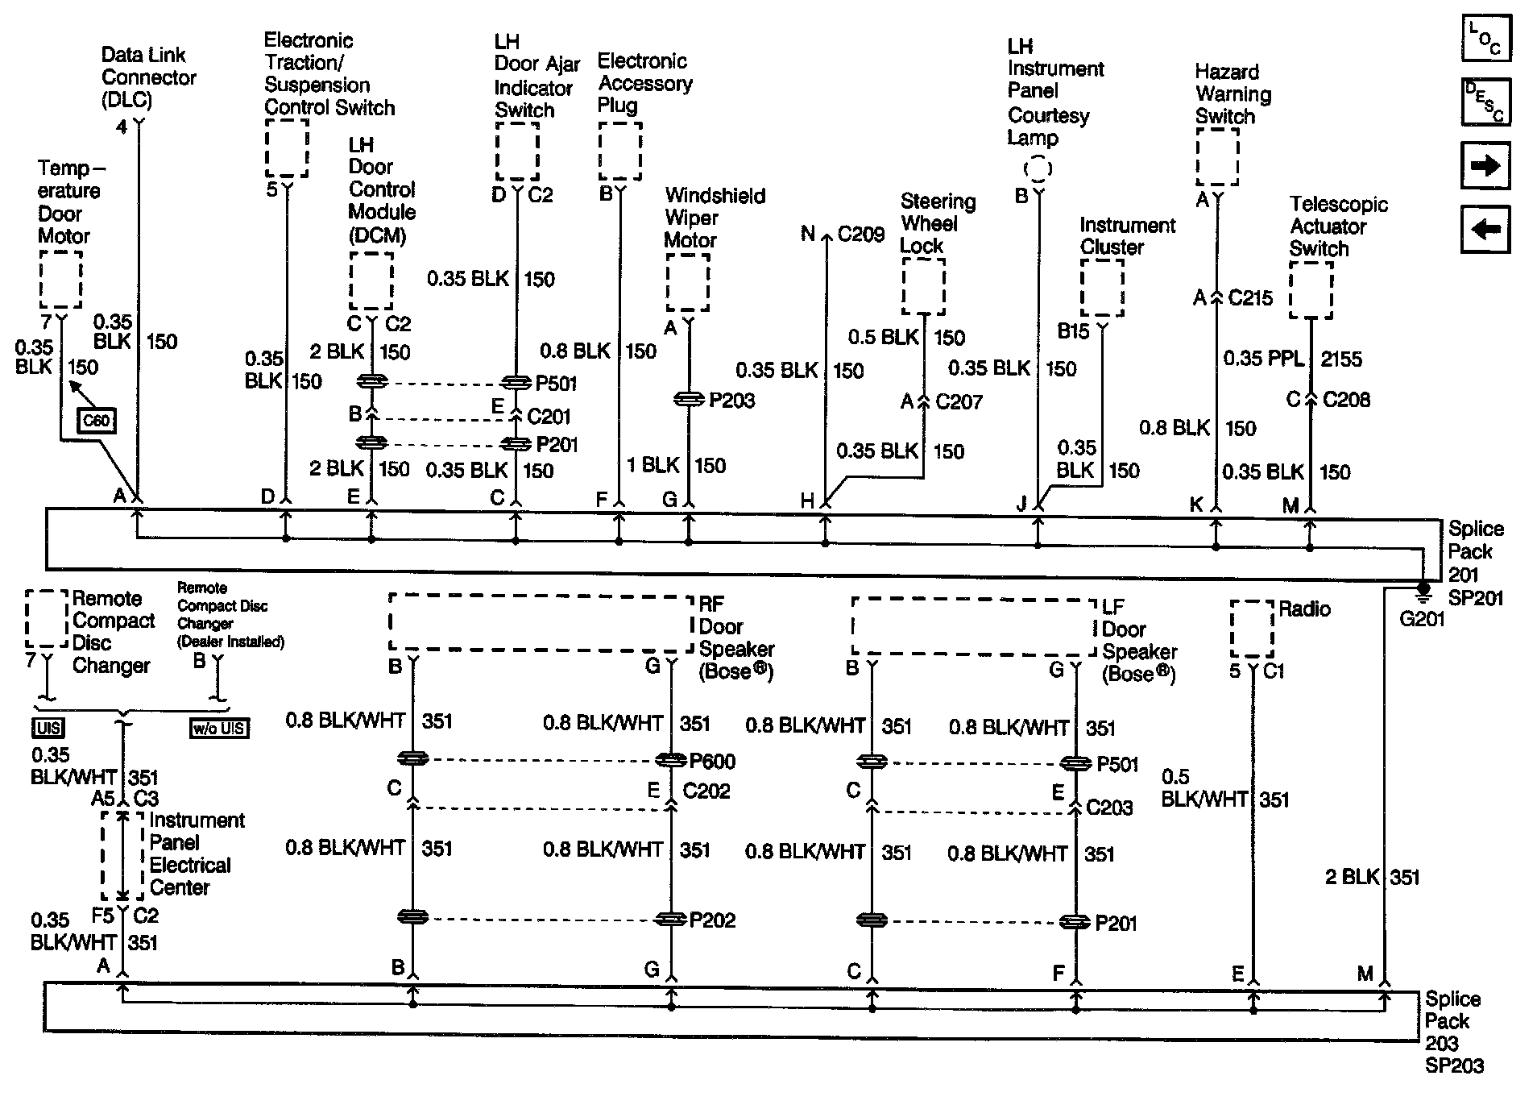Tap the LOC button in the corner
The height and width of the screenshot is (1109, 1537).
coord(1485,39)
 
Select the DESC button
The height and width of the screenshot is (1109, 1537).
coord(1485,102)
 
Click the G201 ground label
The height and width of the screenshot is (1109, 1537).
coord(1422,619)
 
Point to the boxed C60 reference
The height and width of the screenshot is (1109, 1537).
coord(97,421)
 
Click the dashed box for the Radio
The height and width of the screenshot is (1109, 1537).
coord(1252,629)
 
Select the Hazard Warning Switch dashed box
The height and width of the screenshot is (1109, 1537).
coord(1216,157)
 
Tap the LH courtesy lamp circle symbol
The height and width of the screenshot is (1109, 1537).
coord(1038,169)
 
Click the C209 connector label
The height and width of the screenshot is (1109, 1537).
coord(861,234)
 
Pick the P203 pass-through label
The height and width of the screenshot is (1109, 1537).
coord(731,401)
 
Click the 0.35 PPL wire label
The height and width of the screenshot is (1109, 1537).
coord(1263,359)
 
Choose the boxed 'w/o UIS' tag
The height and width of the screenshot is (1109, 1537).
coord(219,729)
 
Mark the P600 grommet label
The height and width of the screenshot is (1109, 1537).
coord(712,762)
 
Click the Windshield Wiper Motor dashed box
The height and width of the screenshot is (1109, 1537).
coord(687,282)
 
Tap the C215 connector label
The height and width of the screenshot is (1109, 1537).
coord(1250,298)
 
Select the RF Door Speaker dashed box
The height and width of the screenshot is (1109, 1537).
coord(540,622)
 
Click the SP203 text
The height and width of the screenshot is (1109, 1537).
coord(1454,1065)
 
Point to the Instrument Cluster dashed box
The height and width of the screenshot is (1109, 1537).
coord(1101,288)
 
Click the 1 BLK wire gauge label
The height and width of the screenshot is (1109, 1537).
coord(653,465)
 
